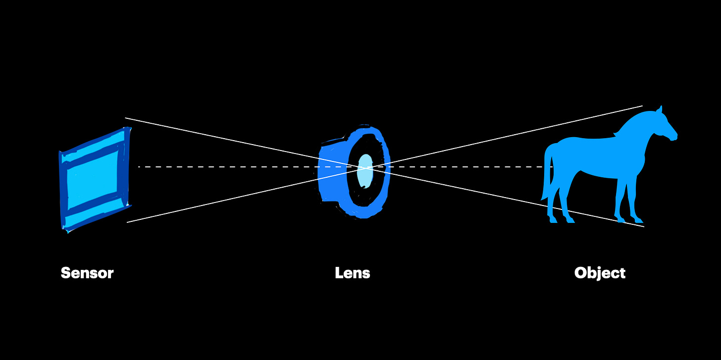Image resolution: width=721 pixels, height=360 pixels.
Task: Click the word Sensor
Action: pos(87,273)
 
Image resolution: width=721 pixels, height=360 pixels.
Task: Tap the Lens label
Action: pos(353,273)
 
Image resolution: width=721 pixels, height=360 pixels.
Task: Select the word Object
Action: pos(600,273)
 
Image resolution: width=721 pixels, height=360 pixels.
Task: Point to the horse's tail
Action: pos(547,173)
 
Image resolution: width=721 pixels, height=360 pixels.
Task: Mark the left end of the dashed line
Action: pos(139,167)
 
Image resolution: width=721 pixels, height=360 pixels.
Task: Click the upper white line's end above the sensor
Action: pos(126,118)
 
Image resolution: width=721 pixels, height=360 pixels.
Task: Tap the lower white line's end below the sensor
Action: pos(127,222)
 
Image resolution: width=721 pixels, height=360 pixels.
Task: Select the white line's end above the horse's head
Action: pos(642,106)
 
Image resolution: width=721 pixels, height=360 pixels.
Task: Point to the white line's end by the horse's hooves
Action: pos(644,227)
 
